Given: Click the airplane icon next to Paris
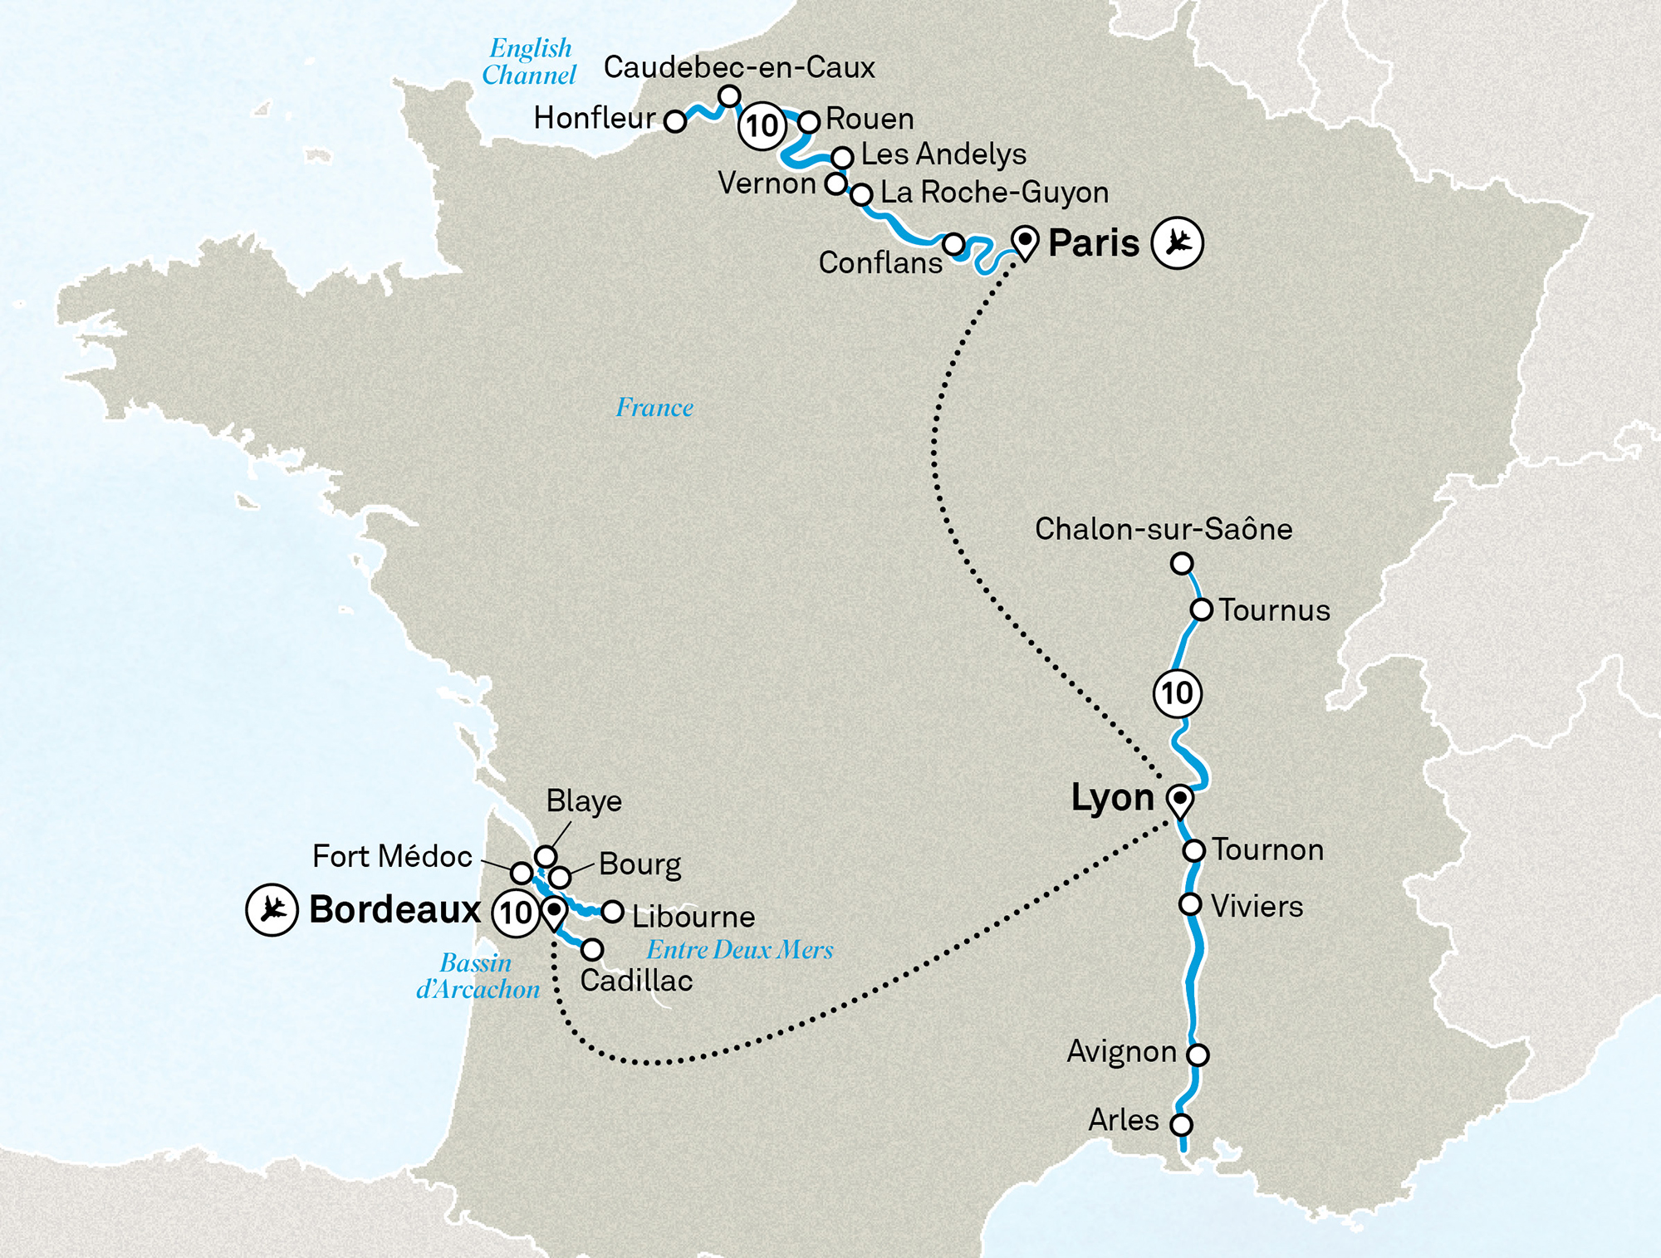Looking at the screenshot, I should coord(1177,242).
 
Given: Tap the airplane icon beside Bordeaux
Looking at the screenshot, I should coord(272,910).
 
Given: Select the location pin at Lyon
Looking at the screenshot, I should coord(1179,800).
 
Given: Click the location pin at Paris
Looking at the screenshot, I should coord(1026,242).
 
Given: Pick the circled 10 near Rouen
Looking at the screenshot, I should coord(762,126).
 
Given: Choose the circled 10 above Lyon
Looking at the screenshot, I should coord(1177,693).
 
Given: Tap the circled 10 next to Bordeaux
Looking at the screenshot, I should coord(516,913).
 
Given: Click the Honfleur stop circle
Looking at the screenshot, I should coord(676,121).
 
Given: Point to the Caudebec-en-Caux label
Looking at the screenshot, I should coord(738,67).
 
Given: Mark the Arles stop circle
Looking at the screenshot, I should coord(1181,1125).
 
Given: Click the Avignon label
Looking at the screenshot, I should coord(1121,1051).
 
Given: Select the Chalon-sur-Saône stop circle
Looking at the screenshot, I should coord(1182,564).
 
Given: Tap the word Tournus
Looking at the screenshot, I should coord(1274,610).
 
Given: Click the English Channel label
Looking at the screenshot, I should coord(529,61).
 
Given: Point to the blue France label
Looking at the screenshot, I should coord(654,408).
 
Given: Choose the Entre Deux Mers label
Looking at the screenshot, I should coord(739,949).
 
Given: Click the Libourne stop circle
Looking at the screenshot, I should coord(613,912).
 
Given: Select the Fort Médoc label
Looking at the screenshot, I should coord(392,856).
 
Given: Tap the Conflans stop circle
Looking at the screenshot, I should coord(954,244).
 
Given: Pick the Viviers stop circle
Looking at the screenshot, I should coord(1190,904).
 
